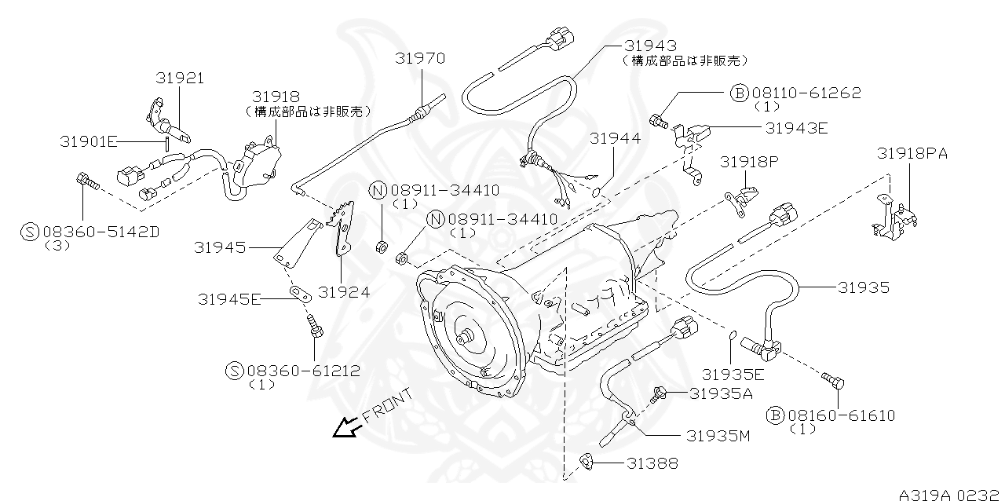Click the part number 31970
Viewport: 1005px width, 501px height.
pyautogui.click(x=420, y=59)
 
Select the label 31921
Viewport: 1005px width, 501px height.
pyautogui.click(x=179, y=78)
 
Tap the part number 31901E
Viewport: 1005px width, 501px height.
pyautogui.click(x=88, y=141)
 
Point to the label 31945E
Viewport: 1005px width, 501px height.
pyautogui.click(x=229, y=298)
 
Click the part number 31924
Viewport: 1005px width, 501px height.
pyautogui.click(x=342, y=292)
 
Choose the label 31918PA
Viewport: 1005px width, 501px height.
pyautogui.click(x=912, y=154)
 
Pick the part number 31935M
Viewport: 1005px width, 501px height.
pyautogui.click(x=718, y=435)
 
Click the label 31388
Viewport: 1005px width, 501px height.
pyautogui.click(x=652, y=464)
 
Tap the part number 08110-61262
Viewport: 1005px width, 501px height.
pyautogui.click(x=806, y=93)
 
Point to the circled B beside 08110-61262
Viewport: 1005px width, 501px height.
pyautogui.click(x=739, y=93)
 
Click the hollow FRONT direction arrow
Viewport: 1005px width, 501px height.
pyautogui.click(x=345, y=426)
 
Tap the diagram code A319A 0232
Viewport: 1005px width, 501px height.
pyautogui.click(x=950, y=495)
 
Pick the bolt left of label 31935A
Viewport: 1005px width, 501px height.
pyautogui.click(x=660, y=392)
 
